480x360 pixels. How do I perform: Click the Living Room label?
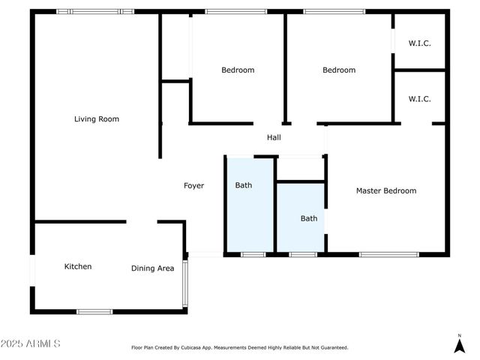tap(97, 118)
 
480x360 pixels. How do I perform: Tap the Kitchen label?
tap(78, 266)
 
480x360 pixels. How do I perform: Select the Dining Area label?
tap(153, 268)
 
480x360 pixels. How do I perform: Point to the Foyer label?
tap(193, 185)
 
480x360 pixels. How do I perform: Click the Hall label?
tap(274, 137)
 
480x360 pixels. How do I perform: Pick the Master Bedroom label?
tap(386, 190)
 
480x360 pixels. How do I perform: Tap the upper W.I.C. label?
tap(420, 43)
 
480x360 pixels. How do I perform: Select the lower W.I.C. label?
tap(420, 99)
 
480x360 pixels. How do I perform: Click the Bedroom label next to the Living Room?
tap(238, 70)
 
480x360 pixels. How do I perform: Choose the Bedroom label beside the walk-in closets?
tap(339, 70)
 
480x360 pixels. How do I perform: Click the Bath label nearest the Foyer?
tap(244, 185)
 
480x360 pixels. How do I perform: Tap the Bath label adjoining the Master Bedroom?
tap(309, 218)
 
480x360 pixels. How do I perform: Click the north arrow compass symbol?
tap(460, 344)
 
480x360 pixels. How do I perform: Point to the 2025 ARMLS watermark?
tap(30, 343)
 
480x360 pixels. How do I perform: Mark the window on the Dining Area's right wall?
tap(185, 283)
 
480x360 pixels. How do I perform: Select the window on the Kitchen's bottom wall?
tap(94, 312)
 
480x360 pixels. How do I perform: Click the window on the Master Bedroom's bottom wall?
tap(388, 254)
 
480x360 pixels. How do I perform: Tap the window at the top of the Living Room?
tap(95, 12)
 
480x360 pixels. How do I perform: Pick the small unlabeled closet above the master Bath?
tap(301, 169)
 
